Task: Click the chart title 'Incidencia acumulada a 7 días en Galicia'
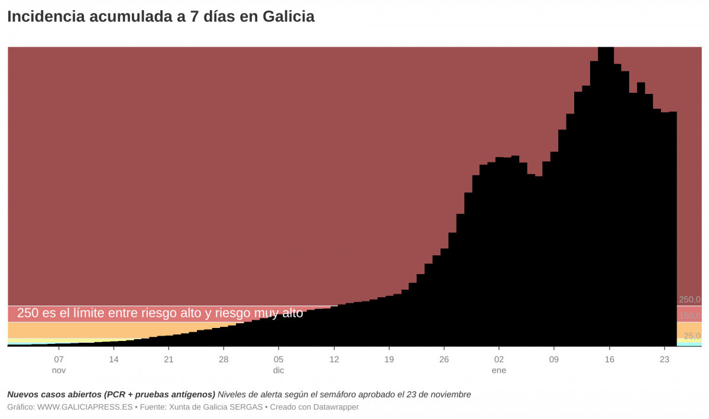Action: [161, 17]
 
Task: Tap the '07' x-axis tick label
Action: [59, 359]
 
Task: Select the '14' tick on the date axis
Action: [114, 359]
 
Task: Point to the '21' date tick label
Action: [169, 359]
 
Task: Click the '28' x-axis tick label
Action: [224, 359]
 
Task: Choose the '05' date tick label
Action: [279, 359]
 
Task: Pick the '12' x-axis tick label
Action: [334, 359]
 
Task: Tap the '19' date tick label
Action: [389, 359]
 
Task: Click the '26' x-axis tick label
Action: [444, 359]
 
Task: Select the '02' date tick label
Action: [499, 359]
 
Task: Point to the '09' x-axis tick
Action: [554, 359]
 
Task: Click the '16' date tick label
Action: [610, 359]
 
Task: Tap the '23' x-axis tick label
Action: [664, 359]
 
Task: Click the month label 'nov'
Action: [59, 371]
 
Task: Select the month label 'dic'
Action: [279, 371]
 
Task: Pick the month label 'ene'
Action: [499, 371]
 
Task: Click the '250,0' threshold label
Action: [689, 300]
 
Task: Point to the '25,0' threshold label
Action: [692, 336]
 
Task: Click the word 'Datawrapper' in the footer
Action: [335, 407]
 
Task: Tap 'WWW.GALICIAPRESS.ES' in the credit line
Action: [85, 407]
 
